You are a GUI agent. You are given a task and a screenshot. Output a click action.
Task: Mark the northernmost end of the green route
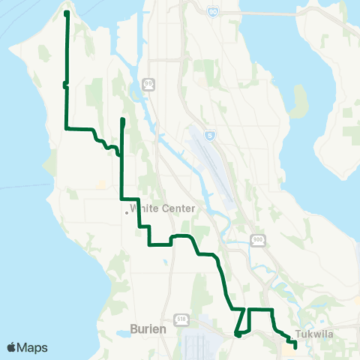pos(67,13)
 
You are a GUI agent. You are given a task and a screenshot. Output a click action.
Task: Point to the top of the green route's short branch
pos(121,120)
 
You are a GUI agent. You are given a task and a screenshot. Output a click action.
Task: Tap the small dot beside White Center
pos(126,212)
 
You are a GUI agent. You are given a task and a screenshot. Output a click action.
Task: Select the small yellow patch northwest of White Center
pos(101,183)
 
